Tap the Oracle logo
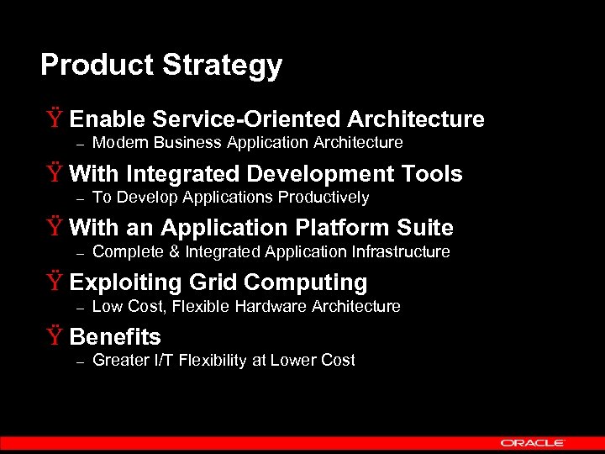[533, 442]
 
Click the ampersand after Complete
[175, 251]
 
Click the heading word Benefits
[115, 337]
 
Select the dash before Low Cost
[81, 308]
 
